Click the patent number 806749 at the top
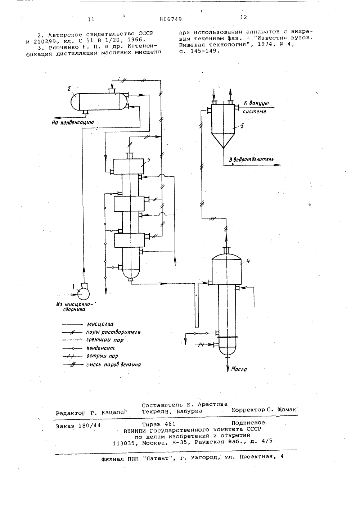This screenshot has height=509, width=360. [171, 19]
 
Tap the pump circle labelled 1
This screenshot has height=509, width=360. [84, 294]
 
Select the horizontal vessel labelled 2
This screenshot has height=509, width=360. [99, 102]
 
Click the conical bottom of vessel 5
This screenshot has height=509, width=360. [223, 141]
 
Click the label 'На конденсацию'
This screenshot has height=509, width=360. [72, 123]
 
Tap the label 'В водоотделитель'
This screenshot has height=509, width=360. [251, 159]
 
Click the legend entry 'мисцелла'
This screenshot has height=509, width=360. [100, 324]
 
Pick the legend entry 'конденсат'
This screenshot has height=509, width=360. [100, 348]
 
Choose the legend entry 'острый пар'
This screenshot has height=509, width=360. [102, 356]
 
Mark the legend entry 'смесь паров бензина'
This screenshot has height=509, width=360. [113, 365]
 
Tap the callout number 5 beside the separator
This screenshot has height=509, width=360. [242, 126]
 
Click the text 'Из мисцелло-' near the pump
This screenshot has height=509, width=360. [76, 304]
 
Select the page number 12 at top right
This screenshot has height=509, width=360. [243, 17]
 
